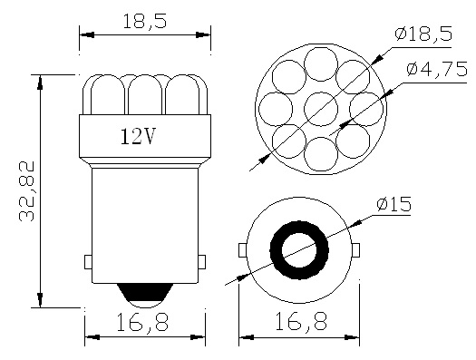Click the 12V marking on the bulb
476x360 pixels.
[137, 138]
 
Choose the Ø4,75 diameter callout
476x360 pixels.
[435, 69]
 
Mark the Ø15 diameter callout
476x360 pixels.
[393, 205]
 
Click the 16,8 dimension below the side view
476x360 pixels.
[143, 323]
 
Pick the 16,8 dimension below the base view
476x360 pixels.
[299, 323]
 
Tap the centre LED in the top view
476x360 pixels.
[320, 110]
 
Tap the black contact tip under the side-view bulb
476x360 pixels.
[144, 294]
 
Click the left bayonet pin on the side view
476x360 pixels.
[88, 262]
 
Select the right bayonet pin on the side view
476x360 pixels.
[201, 262]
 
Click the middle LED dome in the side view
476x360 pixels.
[145, 95]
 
